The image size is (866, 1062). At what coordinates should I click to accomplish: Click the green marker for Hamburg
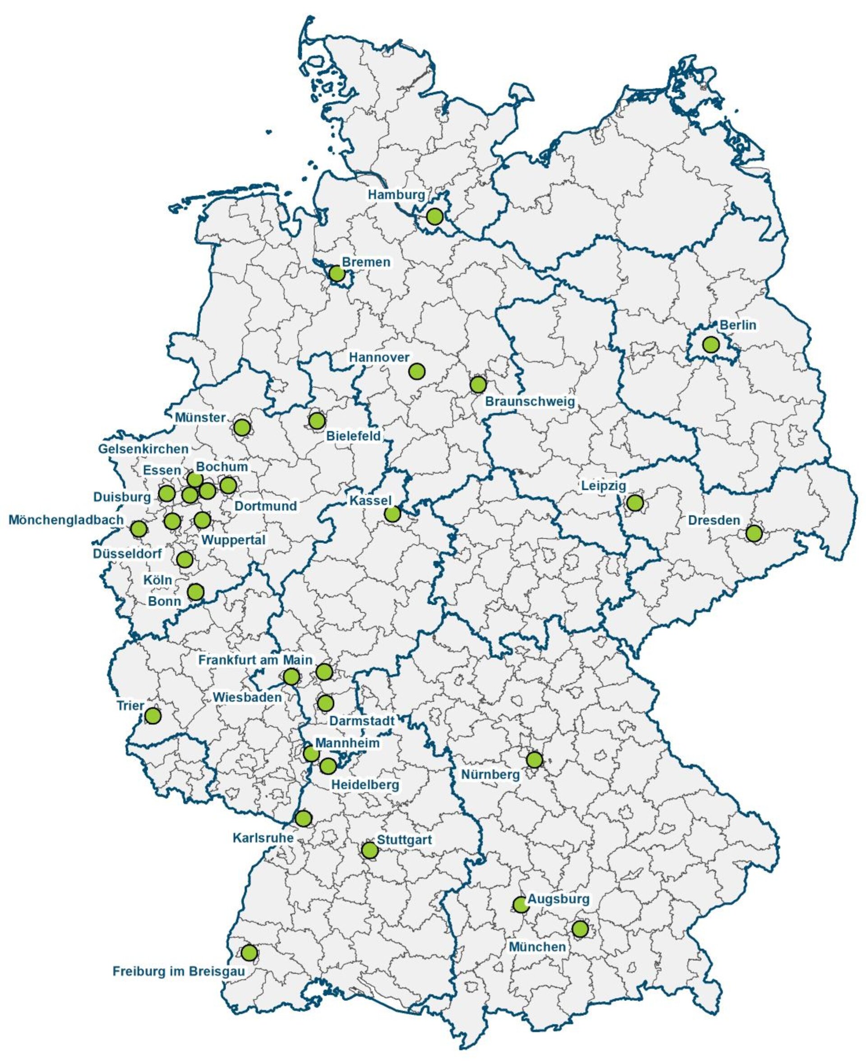[x=434, y=216]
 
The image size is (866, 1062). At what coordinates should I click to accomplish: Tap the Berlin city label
[x=737, y=325]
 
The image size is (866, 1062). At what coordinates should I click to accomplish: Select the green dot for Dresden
[x=754, y=533]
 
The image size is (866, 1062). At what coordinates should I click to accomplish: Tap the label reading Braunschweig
[x=530, y=401]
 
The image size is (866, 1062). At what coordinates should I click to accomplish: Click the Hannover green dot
[x=417, y=371]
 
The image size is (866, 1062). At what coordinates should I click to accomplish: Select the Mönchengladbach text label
[x=66, y=520]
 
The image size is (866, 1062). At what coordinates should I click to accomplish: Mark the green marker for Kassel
[x=392, y=514]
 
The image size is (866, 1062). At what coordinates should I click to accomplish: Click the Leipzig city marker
[x=635, y=503]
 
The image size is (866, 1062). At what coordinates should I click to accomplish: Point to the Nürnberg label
[x=490, y=775]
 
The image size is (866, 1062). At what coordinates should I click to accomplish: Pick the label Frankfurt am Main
[x=255, y=660]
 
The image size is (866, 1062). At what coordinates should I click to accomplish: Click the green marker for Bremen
[x=337, y=273]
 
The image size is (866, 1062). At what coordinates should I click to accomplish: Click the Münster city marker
[x=241, y=427]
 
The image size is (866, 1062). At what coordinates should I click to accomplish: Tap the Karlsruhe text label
[x=263, y=838]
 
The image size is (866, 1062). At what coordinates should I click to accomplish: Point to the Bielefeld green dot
[x=317, y=420]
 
